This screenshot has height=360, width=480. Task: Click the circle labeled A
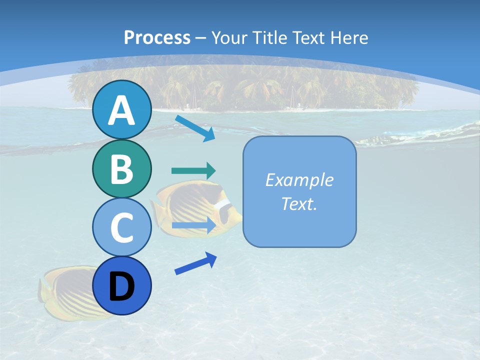click(121, 109)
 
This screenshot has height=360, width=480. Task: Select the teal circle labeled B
click(121, 168)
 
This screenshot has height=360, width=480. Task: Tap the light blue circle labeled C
click(121, 227)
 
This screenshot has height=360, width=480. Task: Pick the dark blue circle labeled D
click(121, 285)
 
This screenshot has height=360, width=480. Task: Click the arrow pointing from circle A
click(195, 127)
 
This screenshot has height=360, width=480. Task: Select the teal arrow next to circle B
click(193, 170)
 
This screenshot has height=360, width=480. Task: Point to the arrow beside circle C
click(193, 225)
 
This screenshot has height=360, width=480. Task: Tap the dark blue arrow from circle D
click(195, 263)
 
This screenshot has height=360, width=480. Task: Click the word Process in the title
click(157, 37)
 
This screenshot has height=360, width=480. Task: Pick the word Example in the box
click(299, 180)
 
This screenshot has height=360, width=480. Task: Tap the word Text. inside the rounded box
click(299, 203)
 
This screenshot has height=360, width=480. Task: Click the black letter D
click(121, 286)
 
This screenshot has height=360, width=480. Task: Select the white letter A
click(121, 110)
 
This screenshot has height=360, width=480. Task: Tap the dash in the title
click(201, 38)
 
